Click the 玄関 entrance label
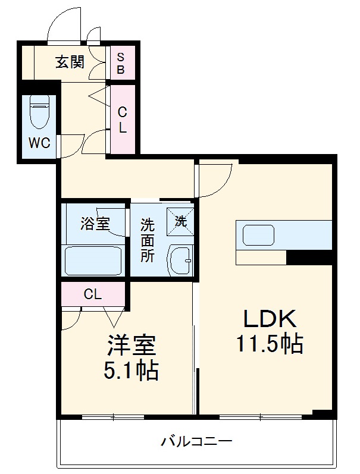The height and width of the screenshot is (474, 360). [70, 61]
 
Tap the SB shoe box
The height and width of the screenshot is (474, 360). [121, 64]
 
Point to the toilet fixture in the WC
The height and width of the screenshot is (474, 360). [39, 111]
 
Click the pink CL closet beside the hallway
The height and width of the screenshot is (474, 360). [122, 119]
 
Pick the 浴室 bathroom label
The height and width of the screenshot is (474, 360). [95, 224]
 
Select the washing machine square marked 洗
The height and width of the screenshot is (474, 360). [180, 220]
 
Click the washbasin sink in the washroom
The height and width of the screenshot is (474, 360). [180, 260]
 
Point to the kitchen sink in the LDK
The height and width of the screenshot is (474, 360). [259, 234]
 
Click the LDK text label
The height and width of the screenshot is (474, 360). [268, 319]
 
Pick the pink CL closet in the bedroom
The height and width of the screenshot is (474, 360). [92, 293]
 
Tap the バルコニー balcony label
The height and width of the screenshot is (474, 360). [196, 441]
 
